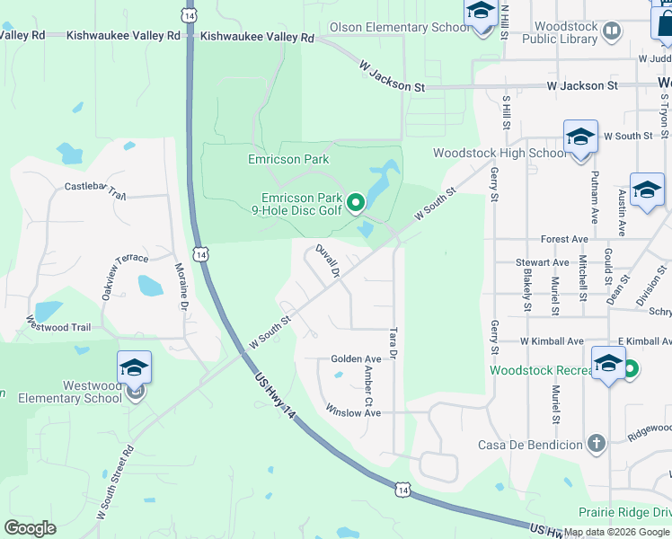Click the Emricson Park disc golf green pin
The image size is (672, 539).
click(356, 203)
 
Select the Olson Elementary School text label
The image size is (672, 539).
click(399, 28)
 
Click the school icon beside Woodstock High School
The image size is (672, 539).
click(580, 137)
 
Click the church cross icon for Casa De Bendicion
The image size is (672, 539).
click(595, 443)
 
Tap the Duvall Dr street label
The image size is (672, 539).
click(327, 261)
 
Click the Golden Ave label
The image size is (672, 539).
click(357, 358)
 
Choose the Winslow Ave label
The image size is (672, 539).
click(353, 413)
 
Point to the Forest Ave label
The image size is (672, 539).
click(564, 239)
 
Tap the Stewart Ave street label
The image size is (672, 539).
click(543, 262)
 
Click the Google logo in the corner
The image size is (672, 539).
click(31, 528)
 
